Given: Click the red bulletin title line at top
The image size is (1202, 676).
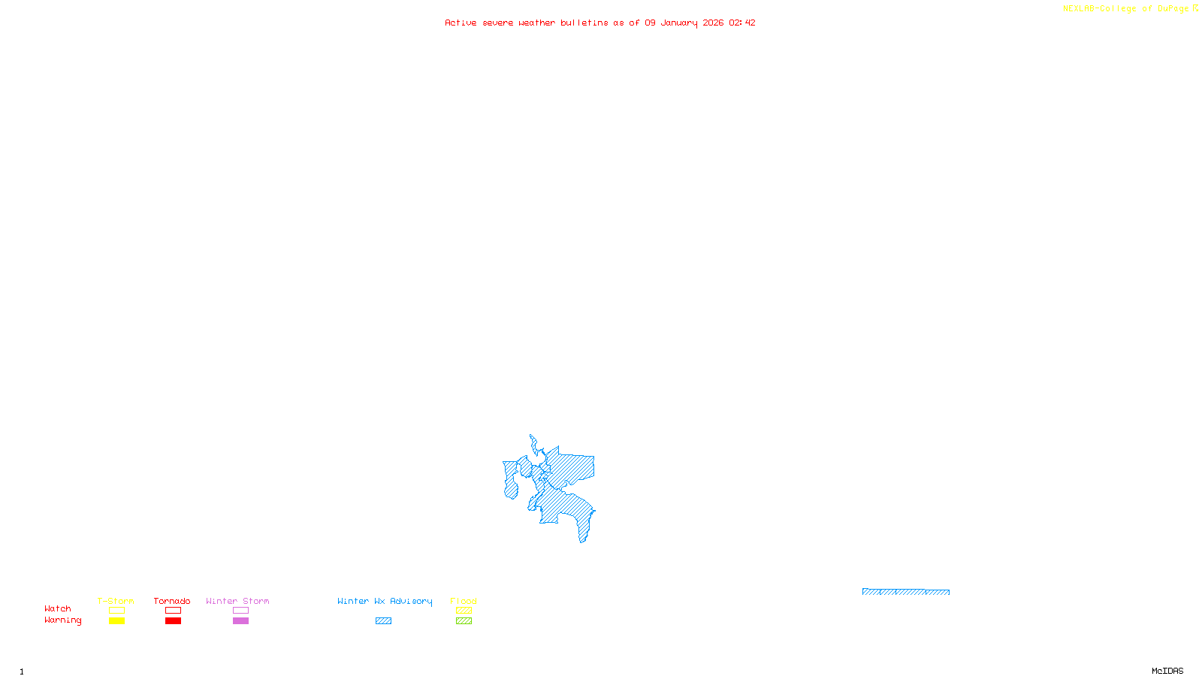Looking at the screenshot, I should (599, 23).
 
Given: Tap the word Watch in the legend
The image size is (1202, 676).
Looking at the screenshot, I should (58, 608).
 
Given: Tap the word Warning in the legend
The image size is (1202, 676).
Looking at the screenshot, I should (62, 620).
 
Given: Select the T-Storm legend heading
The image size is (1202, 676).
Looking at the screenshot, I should (116, 601).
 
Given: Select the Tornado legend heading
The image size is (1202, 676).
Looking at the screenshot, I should (172, 601).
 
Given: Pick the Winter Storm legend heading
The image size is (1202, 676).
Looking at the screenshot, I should (237, 601).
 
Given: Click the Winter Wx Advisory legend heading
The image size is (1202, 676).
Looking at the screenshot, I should (385, 601).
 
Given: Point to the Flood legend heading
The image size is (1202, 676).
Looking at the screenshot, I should (464, 601).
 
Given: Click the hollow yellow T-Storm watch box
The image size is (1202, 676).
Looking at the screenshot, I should (116, 611).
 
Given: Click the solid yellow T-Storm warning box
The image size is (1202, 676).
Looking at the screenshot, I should (116, 621).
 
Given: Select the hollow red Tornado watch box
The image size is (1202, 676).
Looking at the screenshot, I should (173, 611).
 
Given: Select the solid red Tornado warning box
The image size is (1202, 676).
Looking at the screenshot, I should (173, 621).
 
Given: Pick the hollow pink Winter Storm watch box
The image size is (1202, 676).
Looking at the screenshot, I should (240, 611).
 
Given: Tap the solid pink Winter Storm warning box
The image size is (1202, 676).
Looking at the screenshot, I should (240, 621).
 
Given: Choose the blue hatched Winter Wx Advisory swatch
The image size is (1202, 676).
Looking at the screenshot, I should (383, 621).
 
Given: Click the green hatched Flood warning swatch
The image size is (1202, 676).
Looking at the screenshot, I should (464, 621).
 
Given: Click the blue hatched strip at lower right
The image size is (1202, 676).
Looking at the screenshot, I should (905, 592).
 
